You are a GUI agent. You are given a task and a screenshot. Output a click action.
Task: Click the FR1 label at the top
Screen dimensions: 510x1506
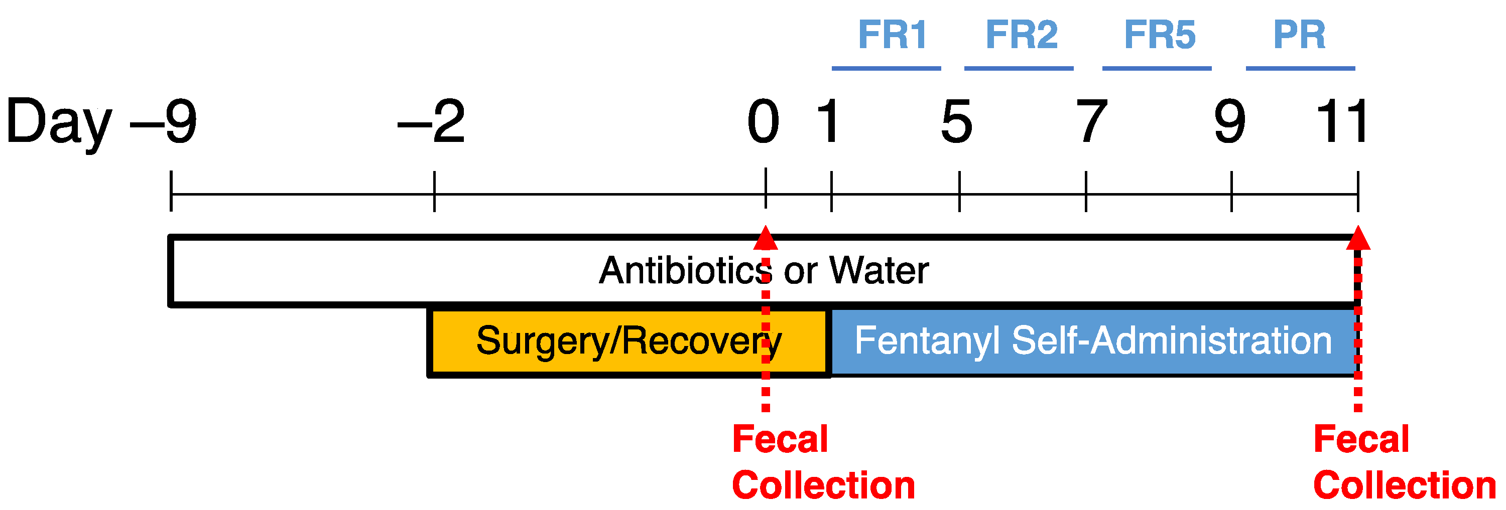coord(892,35)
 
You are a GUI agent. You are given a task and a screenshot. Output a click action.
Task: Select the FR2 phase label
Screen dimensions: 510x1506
coord(1022,35)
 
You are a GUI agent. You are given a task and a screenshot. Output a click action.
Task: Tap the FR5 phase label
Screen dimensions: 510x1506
coord(1160,35)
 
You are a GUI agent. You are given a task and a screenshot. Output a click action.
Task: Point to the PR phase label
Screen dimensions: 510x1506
coord(1299,35)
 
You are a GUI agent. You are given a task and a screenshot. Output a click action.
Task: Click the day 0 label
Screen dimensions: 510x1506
coord(764,121)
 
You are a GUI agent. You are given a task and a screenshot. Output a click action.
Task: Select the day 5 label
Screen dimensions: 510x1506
coord(957,121)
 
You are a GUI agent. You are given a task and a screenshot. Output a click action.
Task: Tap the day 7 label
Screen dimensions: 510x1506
coord(1091,121)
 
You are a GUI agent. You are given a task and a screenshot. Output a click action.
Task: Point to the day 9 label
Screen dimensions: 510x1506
coord(1230,121)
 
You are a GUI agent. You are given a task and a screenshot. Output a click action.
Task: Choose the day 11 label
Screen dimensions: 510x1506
coord(1342,121)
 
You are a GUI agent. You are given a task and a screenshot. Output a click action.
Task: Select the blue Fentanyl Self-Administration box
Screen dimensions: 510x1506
coord(1092,341)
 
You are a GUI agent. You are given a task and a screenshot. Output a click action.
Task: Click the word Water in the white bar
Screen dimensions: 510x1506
coord(878,270)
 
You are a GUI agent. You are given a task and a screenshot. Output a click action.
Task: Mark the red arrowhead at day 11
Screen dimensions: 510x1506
coord(1358,238)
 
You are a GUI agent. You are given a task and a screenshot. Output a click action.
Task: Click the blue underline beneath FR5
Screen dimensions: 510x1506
coord(1157,68)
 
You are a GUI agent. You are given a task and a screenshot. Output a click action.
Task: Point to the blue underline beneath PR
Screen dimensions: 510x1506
coord(1300,68)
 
